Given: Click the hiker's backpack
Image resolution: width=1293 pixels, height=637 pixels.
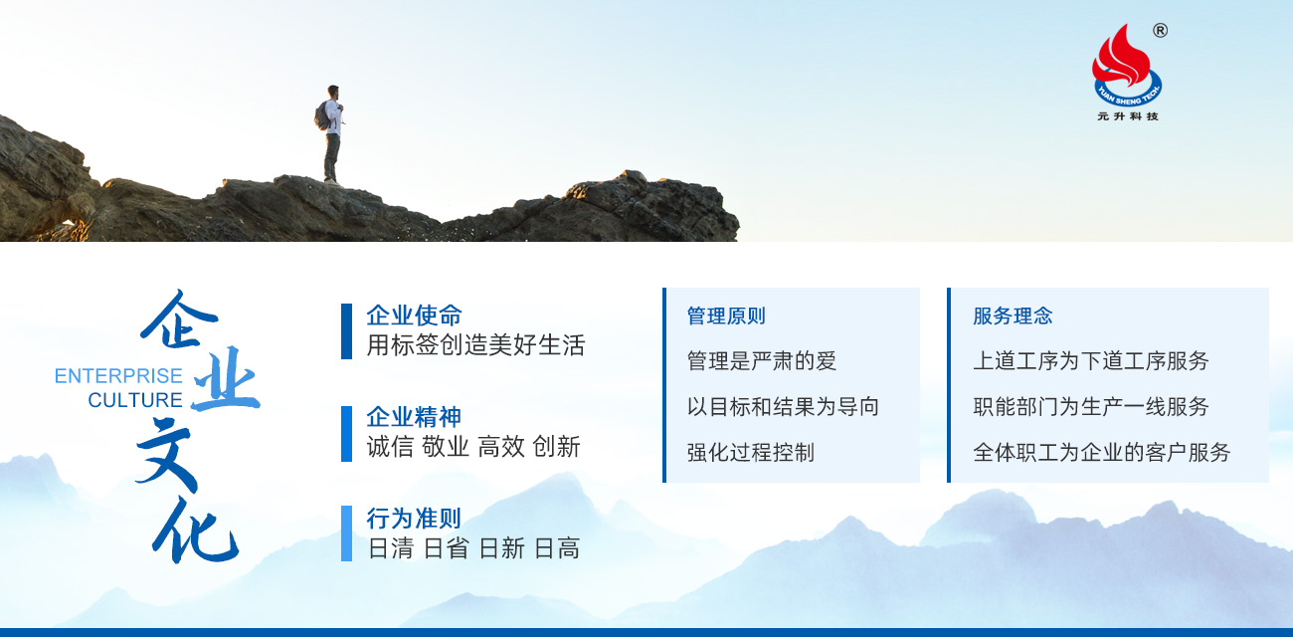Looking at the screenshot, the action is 322,116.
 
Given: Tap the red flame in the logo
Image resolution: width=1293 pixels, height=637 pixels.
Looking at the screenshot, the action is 1120,58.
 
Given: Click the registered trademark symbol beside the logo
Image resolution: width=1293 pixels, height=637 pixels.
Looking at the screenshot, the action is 1161,31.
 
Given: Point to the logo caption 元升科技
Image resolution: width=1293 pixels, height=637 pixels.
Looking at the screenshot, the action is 1128,116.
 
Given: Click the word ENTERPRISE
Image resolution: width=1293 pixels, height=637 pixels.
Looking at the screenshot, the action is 118,376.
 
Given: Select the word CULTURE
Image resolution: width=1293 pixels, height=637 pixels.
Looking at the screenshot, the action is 135,400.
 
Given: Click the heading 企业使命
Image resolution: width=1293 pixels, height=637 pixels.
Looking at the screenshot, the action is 414,316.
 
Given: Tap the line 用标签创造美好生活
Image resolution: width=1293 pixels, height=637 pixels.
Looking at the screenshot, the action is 475,345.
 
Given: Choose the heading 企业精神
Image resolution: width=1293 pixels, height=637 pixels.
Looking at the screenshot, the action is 414,416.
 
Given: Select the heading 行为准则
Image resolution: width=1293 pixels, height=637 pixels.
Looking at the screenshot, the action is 414,518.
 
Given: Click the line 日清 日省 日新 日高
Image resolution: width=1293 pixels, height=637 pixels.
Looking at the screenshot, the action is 473,548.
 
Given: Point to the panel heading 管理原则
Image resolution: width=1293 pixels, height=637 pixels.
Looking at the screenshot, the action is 726,316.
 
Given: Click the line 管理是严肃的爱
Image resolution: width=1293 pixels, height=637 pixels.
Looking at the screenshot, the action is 762,361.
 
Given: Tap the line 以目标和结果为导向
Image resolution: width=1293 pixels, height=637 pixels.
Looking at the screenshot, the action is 783,406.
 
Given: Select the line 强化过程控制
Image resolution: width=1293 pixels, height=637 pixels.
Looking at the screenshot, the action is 750,452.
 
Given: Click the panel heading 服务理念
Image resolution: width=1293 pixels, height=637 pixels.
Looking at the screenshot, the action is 1013,316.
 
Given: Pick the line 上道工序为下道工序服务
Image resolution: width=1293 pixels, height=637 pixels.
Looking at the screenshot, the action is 1091,361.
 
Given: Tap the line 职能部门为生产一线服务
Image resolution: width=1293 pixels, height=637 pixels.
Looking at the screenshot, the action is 1091,406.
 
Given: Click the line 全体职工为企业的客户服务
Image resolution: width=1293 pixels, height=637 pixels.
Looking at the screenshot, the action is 1102,452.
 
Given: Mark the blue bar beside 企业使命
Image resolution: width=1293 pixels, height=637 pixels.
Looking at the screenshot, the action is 346,331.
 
